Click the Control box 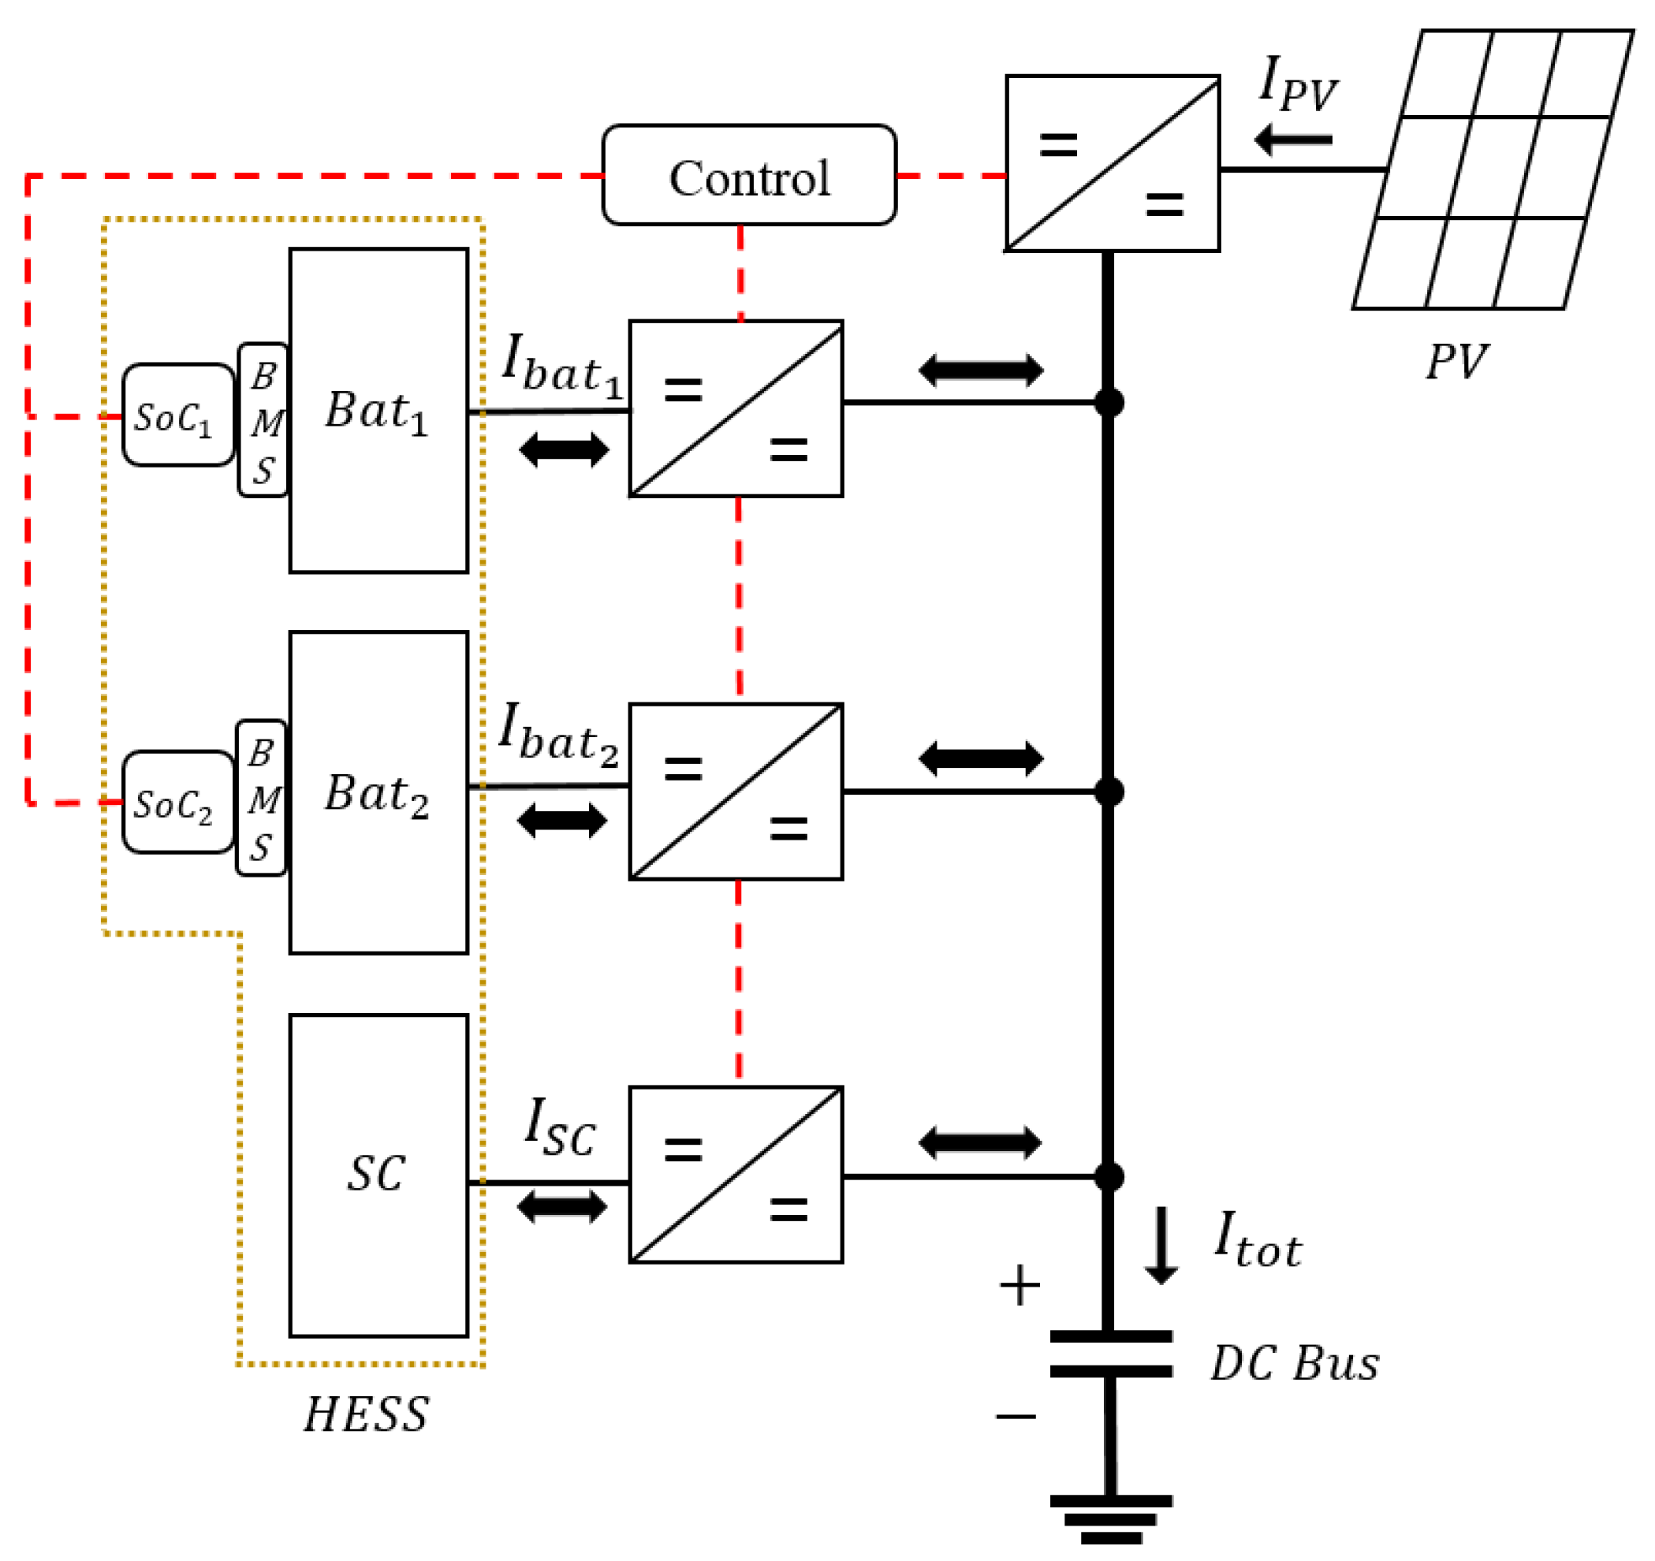[749, 176]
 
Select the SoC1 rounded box [177, 415]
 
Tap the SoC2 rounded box [177, 803]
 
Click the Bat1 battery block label [376, 412]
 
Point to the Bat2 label [376, 794]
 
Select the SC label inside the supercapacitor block [376, 1175]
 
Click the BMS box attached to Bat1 [263, 421]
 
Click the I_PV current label [1299, 84]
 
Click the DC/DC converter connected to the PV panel [1113, 164]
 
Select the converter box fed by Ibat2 [736, 792]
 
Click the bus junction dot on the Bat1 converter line [1109, 403]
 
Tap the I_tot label [1257, 1239]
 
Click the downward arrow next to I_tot [1161, 1246]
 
